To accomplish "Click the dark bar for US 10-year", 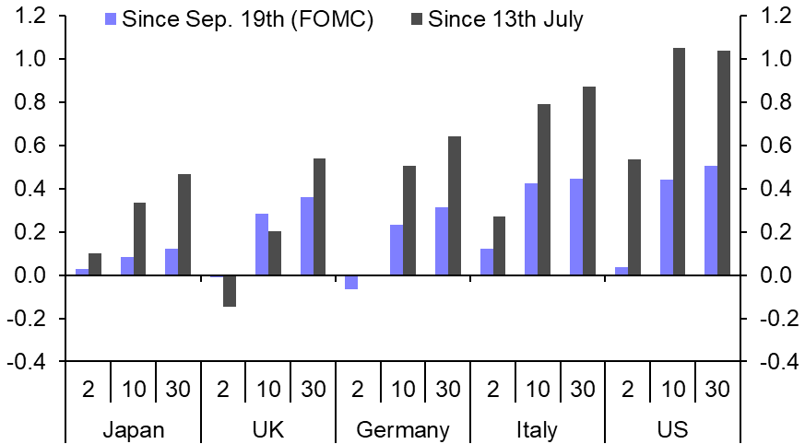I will click(679, 162).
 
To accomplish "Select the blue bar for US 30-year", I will click(711, 221).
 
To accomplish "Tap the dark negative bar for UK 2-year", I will click(229, 291).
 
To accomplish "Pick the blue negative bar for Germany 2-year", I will click(350, 283).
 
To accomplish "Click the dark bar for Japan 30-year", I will click(184, 225).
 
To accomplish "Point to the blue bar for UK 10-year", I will click(262, 245).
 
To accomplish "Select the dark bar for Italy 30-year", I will click(588, 181).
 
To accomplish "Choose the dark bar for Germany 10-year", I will click(408, 221).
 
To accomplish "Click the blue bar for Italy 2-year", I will click(486, 263).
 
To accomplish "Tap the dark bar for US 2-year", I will click(633, 217).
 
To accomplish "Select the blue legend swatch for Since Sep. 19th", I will click(112, 18).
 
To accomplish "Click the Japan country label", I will click(134, 430).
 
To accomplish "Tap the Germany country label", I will click(403, 430).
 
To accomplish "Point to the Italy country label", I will click(538, 430).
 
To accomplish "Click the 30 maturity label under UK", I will click(314, 390).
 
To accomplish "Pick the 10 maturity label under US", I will click(672, 390).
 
